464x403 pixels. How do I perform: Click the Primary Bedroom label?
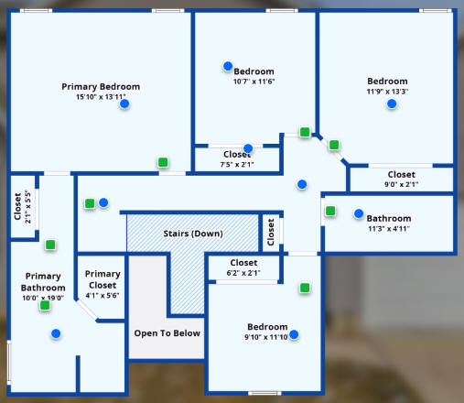(x=101, y=87)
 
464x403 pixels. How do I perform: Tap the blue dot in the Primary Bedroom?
(x=124, y=103)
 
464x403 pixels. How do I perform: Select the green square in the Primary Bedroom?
(x=163, y=162)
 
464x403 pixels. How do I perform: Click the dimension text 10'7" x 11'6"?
(x=254, y=82)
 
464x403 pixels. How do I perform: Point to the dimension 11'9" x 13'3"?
(x=387, y=92)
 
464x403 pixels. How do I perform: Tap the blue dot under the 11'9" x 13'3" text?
(x=392, y=103)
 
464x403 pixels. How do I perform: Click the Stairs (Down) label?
(x=193, y=234)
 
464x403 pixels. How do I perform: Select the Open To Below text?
(x=167, y=333)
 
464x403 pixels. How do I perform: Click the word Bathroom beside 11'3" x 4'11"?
(x=389, y=218)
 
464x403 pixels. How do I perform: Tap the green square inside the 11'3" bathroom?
(x=330, y=211)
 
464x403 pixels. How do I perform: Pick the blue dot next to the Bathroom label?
(x=359, y=213)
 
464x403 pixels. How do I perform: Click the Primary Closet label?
(x=103, y=279)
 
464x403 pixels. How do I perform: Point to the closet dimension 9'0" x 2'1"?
(x=401, y=184)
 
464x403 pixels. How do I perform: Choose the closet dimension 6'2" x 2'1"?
(x=243, y=273)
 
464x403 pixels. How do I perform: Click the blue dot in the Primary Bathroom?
(x=56, y=333)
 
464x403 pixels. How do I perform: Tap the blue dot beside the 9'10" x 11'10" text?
(x=294, y=334)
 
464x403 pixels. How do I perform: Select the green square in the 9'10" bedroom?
(x=305, y=288)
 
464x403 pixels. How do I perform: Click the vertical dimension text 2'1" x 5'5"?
(x=27, y=207)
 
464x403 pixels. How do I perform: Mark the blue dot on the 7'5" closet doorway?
(x=248, y=148)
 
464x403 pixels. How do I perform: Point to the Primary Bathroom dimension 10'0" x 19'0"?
(x=43, y=298)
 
